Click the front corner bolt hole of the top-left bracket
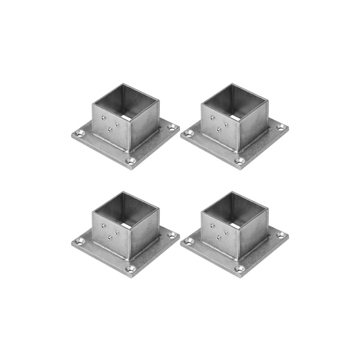click(130, 161)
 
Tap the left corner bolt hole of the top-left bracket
click(80, 133)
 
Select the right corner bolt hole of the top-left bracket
click(171, 127)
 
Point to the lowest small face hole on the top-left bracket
click(109, 130)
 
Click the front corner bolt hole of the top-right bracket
click(239, 161)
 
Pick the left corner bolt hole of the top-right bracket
click(189, 133)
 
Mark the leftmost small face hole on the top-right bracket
click(213, 118)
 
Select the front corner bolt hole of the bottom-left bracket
click(130, 269)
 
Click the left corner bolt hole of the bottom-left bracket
click(80, 241)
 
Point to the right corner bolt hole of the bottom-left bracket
click(171, 235)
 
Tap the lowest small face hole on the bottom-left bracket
click(109, 238)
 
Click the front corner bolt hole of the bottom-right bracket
click(239, 269)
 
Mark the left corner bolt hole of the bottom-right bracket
click(189, 241)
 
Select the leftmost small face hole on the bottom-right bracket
click(213, 226)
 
